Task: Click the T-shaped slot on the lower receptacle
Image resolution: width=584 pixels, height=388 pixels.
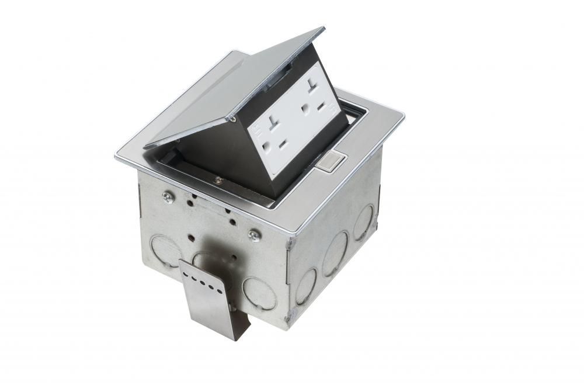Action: pos(276,124)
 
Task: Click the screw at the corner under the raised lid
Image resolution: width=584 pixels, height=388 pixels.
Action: pos(232,119)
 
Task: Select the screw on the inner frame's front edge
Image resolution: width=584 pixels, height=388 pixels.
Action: pos(218,180)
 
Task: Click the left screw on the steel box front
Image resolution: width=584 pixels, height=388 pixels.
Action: pos(168,198)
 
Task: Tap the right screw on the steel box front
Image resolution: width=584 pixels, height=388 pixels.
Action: pos(254,235)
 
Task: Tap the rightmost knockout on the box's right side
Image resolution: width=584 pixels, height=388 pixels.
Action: pos(365,222)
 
